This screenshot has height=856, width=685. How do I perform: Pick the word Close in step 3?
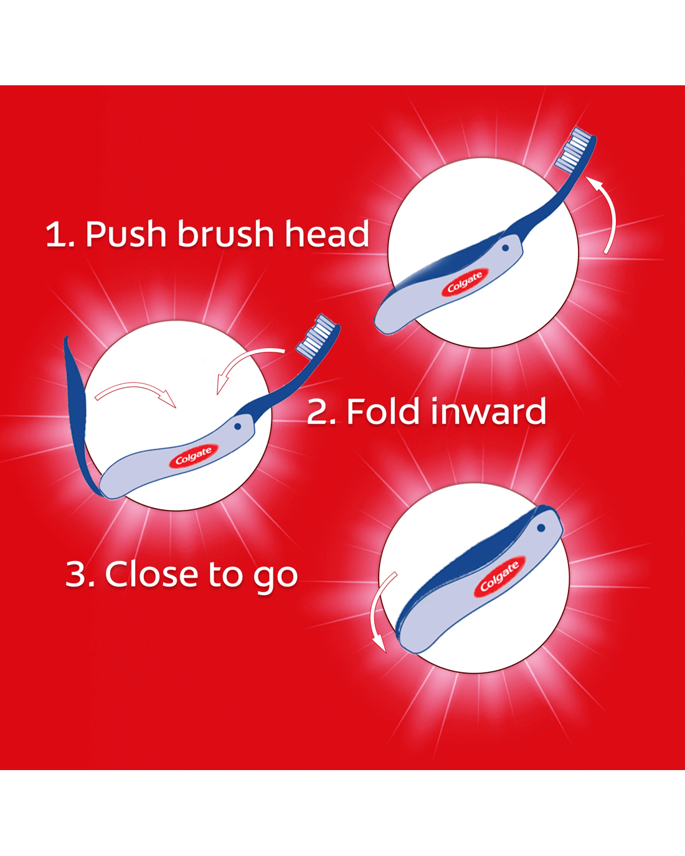point(151,574)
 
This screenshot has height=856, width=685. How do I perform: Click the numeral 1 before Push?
point(55,234)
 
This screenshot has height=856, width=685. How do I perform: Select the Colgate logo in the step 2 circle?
point(194,456)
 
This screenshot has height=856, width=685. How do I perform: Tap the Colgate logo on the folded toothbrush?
point(499,576)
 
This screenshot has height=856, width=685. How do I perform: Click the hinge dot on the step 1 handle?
point(505,248)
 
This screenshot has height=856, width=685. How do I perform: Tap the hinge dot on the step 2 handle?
point(238,426)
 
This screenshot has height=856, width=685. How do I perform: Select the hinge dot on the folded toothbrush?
point(541,528)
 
